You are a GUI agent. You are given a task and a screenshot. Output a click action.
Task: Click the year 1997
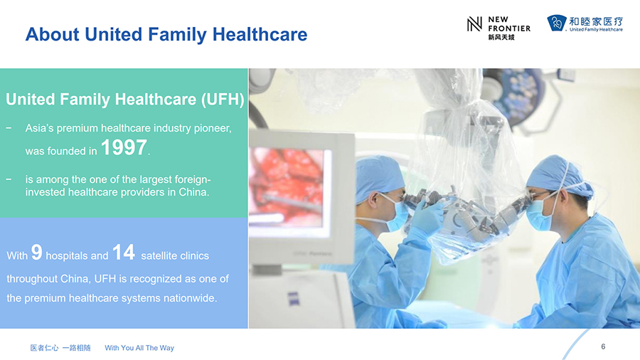[x=124, y=147]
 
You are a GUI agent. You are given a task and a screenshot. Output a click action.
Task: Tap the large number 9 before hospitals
[x=37, y=252]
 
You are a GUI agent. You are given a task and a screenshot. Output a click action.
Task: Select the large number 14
[x=123, y=252]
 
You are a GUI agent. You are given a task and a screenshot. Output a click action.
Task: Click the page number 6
[x=603, y=346]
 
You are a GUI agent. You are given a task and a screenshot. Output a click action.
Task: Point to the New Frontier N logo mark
[x=474, y=24]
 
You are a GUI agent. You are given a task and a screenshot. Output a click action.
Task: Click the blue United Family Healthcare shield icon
[x=557, y=23]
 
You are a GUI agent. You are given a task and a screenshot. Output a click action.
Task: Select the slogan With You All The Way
[x=139, y=348]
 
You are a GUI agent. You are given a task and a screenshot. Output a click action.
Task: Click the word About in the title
[x=52, y=34]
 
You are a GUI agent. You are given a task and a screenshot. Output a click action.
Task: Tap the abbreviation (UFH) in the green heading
[x=223, y=99]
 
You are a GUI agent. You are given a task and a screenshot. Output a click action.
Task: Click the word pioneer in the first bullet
[x=212, y=128]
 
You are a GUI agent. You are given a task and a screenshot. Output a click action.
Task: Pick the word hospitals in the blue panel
[x=77, y=256]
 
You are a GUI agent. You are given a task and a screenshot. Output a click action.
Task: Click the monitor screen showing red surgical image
[x=289, y=188]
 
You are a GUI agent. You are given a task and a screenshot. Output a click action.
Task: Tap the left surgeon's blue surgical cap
[x=379, y=178]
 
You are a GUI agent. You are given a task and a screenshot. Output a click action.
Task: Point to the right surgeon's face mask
[x=539, y=213]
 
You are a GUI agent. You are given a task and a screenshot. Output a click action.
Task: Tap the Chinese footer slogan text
[x=60, y=348]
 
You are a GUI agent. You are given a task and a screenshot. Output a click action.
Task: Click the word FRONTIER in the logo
[x=509, y=28]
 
